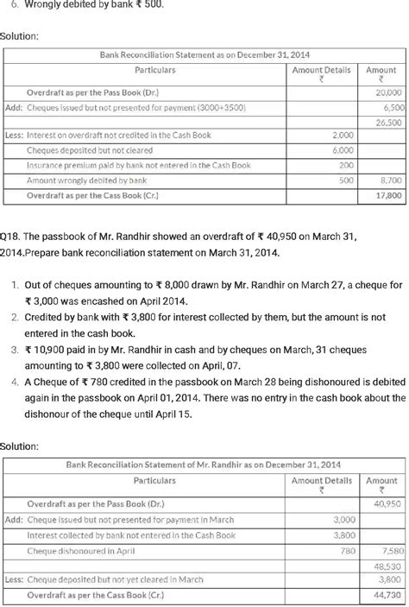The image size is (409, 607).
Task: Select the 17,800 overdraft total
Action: pos(388,196)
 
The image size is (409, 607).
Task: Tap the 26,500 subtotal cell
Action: pos(388,123)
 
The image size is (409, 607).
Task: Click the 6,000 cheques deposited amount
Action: pos(343,149)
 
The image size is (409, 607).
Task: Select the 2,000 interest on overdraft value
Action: pos(343,136)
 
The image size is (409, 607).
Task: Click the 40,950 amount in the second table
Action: pos(388,503)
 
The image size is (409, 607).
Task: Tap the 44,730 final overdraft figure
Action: pos(388,595)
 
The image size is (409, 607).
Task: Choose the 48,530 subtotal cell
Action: pos(388,565)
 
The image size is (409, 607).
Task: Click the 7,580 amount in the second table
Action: pos(390,549)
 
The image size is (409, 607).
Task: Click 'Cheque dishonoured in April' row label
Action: pos(82,549)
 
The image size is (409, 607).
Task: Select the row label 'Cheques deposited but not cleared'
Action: pos(91,149)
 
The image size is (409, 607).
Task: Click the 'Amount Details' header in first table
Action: pos(321,70)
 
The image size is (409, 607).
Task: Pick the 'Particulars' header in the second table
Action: pos(155,480)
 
